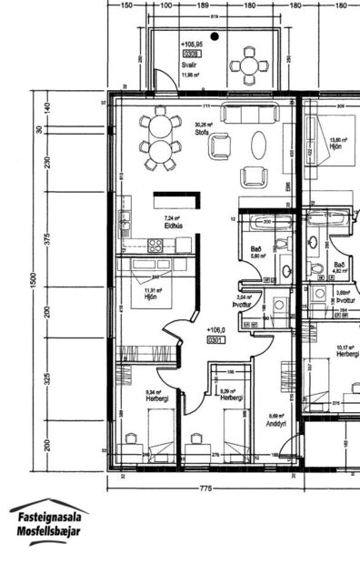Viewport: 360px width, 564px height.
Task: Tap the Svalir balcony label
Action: (189, 65)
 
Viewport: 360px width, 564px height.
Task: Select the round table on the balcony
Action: (247, 65)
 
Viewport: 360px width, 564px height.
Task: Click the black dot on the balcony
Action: (214, 37)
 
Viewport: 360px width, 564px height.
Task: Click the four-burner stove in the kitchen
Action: (155, 245)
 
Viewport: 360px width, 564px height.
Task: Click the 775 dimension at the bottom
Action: (205, 489)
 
